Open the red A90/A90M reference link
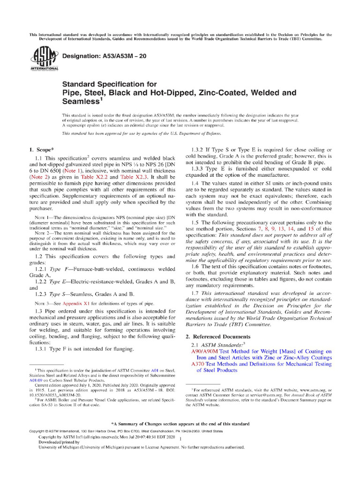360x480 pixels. pos(205,351)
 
